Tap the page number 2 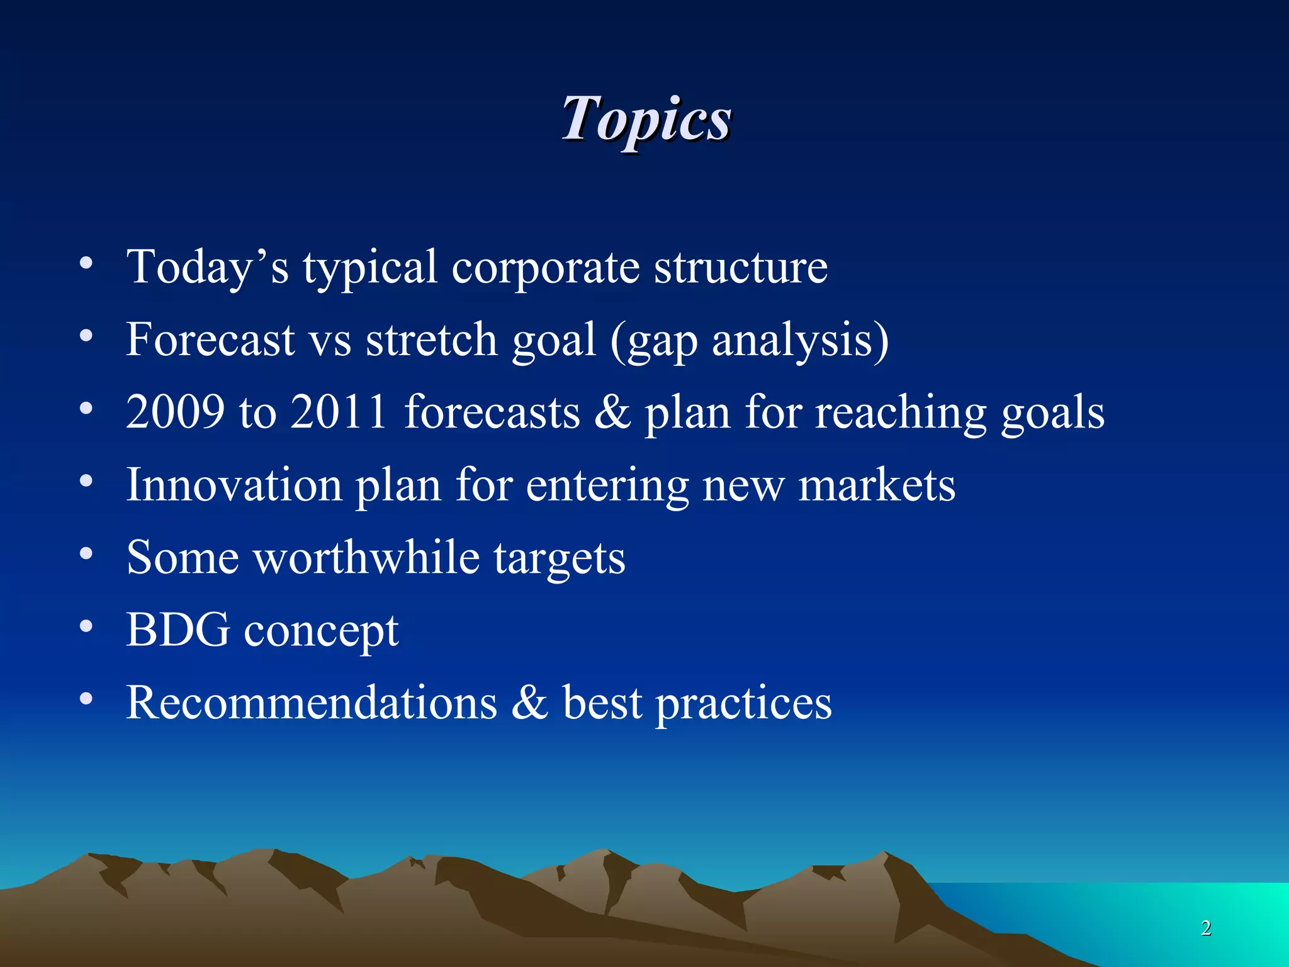(1206, 927)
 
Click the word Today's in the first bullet (208, 268)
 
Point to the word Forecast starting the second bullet (210, 340)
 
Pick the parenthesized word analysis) (801, 340)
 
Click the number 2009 (175, 412)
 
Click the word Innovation (234, 485)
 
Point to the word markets (877, 485)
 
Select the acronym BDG (178, 630)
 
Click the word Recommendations (312, 703)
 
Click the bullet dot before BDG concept (86, 626)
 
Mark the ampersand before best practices (529, 703)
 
